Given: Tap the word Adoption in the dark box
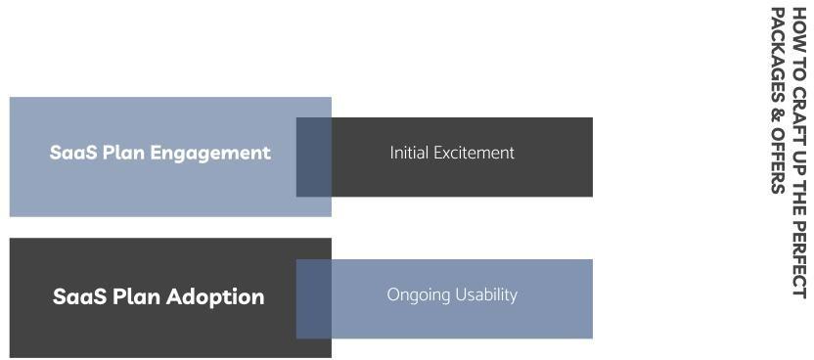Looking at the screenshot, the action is click(x=215, y=297).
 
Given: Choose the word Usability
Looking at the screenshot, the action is click(x=486, y=294).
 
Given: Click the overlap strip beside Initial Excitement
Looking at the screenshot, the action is click(x=313, y=157).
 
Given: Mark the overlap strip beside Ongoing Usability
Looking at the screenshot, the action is click(x=313, y=298).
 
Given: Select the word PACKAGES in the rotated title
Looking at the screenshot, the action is click(x=778, y=54).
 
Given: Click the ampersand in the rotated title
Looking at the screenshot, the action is click(x=778, y=115).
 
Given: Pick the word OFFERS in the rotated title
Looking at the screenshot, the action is click(x=778, y=160).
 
